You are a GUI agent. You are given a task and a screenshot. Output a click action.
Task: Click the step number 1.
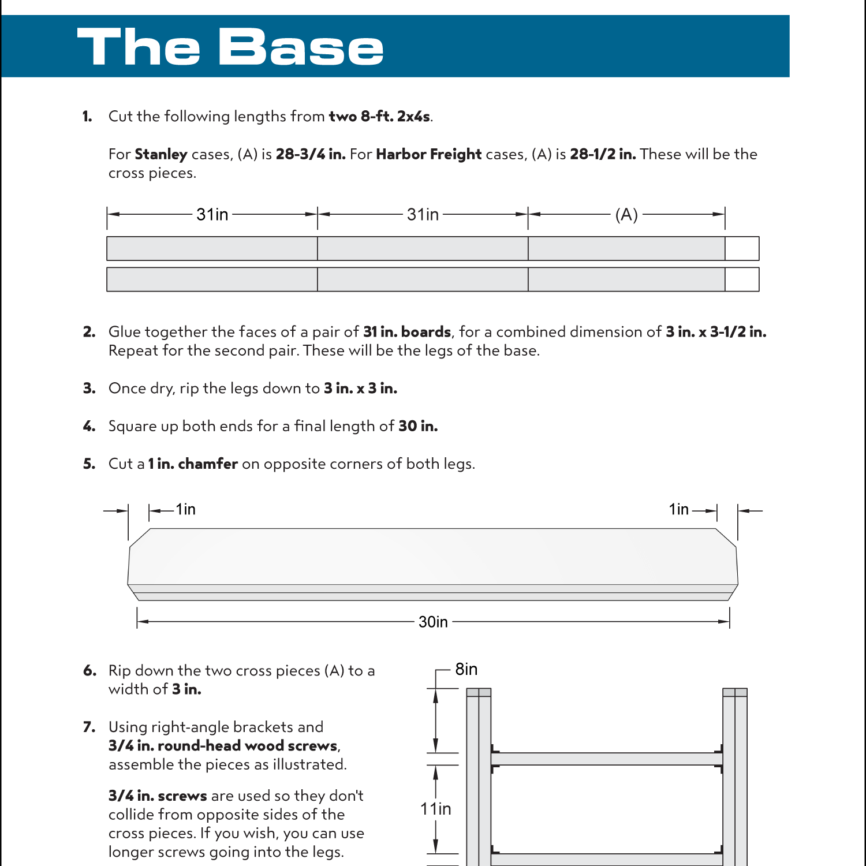(87, 117)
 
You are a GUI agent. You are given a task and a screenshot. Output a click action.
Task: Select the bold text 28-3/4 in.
(310, 154)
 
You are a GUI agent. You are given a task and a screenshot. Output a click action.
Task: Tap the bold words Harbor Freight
(428, 154)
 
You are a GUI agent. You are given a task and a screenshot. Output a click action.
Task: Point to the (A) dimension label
(626, 215)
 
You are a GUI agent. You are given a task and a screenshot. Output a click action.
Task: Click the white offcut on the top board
(742, 248)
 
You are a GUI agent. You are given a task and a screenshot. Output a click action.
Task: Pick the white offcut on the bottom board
(742, 279)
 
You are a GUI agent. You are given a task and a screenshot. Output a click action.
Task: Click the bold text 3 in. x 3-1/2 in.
(716, 332)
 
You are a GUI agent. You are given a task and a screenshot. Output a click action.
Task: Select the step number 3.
(89, 389)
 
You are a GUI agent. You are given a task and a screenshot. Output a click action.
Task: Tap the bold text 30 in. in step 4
(418, 426)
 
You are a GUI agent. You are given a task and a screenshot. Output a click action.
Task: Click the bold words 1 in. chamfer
(193, 464)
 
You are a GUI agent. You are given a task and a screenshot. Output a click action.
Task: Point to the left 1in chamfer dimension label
(185, 509)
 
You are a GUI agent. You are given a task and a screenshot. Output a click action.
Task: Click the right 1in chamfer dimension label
(678, 509)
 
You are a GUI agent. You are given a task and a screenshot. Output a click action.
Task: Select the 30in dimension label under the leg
(433, 622)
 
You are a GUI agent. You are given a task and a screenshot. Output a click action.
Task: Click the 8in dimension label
(466, 669)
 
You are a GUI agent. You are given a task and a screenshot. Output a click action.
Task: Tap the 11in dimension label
(435, 809)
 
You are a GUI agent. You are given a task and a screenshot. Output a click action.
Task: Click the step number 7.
(89, 727)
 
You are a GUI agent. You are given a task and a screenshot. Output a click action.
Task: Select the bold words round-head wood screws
(247, 746)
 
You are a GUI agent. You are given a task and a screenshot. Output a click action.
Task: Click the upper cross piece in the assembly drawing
(606, 759)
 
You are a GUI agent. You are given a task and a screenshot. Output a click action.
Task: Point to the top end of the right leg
(735, 692)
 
